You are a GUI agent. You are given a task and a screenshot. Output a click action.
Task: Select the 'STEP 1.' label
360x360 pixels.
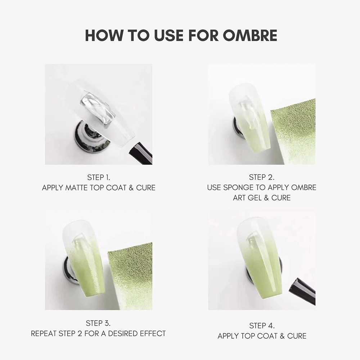tap(99, 177)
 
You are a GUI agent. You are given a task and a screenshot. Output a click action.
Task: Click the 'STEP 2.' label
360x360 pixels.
tap(261, 177)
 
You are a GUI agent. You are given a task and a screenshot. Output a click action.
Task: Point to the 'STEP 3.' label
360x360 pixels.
tap(98, 323)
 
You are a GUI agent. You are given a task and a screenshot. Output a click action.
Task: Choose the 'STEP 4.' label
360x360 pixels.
tap(262, 326)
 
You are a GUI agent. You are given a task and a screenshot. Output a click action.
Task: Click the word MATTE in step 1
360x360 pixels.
tap(86, 188)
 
